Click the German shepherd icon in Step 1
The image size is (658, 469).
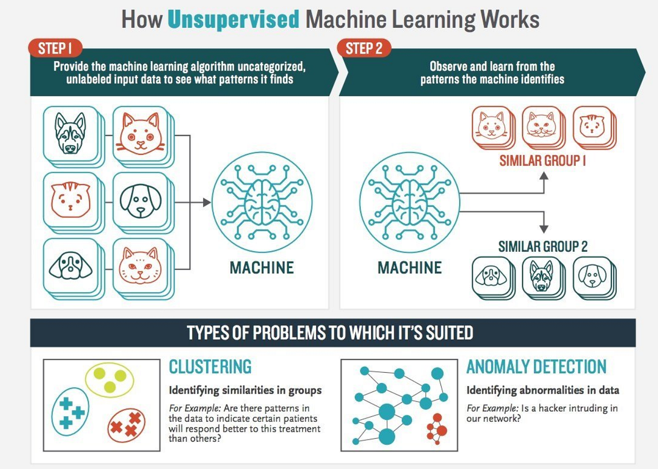[70, 132]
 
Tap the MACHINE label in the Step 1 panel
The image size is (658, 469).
[262, 268]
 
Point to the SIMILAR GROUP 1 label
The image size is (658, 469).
[543, 161]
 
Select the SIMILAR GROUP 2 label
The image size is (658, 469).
[543, 247]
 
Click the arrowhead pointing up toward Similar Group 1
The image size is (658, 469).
[544, 176]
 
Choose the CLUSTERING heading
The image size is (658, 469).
[210, 367]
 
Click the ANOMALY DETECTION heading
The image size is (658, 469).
[536, 367]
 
